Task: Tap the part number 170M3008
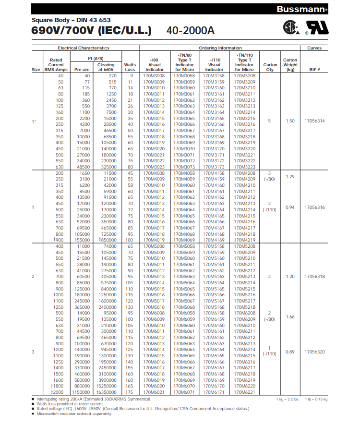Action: tap(155, 76)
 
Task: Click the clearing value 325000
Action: tap(106, 167)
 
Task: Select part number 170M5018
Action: tap(155, 307)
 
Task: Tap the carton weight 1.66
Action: tap(290, 317)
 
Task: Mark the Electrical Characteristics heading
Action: tap(84, 48)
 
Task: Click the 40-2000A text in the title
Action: tap(190, 30)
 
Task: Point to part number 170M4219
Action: tap(244, 240)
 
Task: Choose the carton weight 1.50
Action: tap(290, 121)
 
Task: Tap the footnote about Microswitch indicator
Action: tap(72, 413)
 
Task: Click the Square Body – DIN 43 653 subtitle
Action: tap(71, 20)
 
